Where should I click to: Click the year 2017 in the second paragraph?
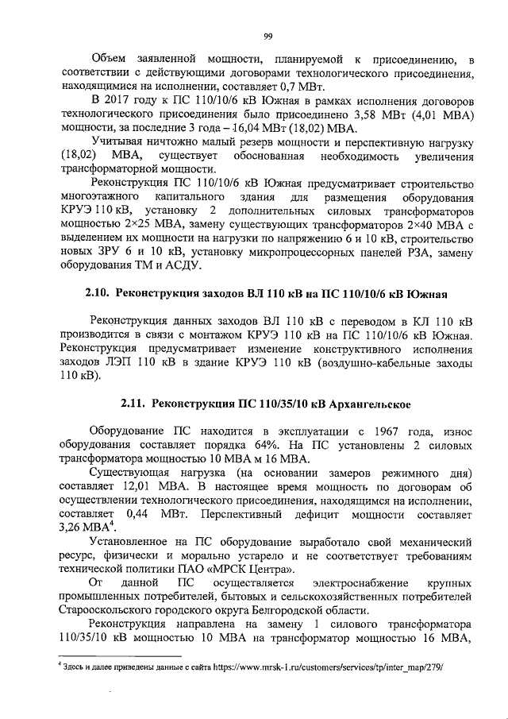pyautogui.click(x=123, y=101)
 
